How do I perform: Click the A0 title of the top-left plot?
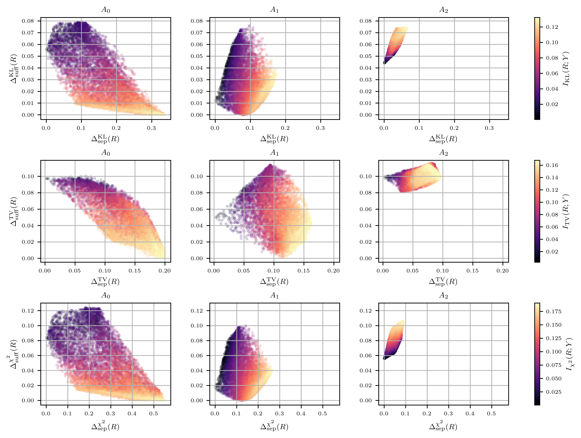coord(106,10)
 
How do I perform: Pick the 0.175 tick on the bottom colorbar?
coord(553,312)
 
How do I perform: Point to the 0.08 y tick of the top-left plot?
coord(28,21)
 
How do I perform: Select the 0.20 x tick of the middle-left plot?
coord(165,271)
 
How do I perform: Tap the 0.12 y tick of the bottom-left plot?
coord(28,311)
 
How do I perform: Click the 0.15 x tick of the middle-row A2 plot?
coord(473,271)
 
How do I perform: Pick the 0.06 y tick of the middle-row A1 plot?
coord(197,209)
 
